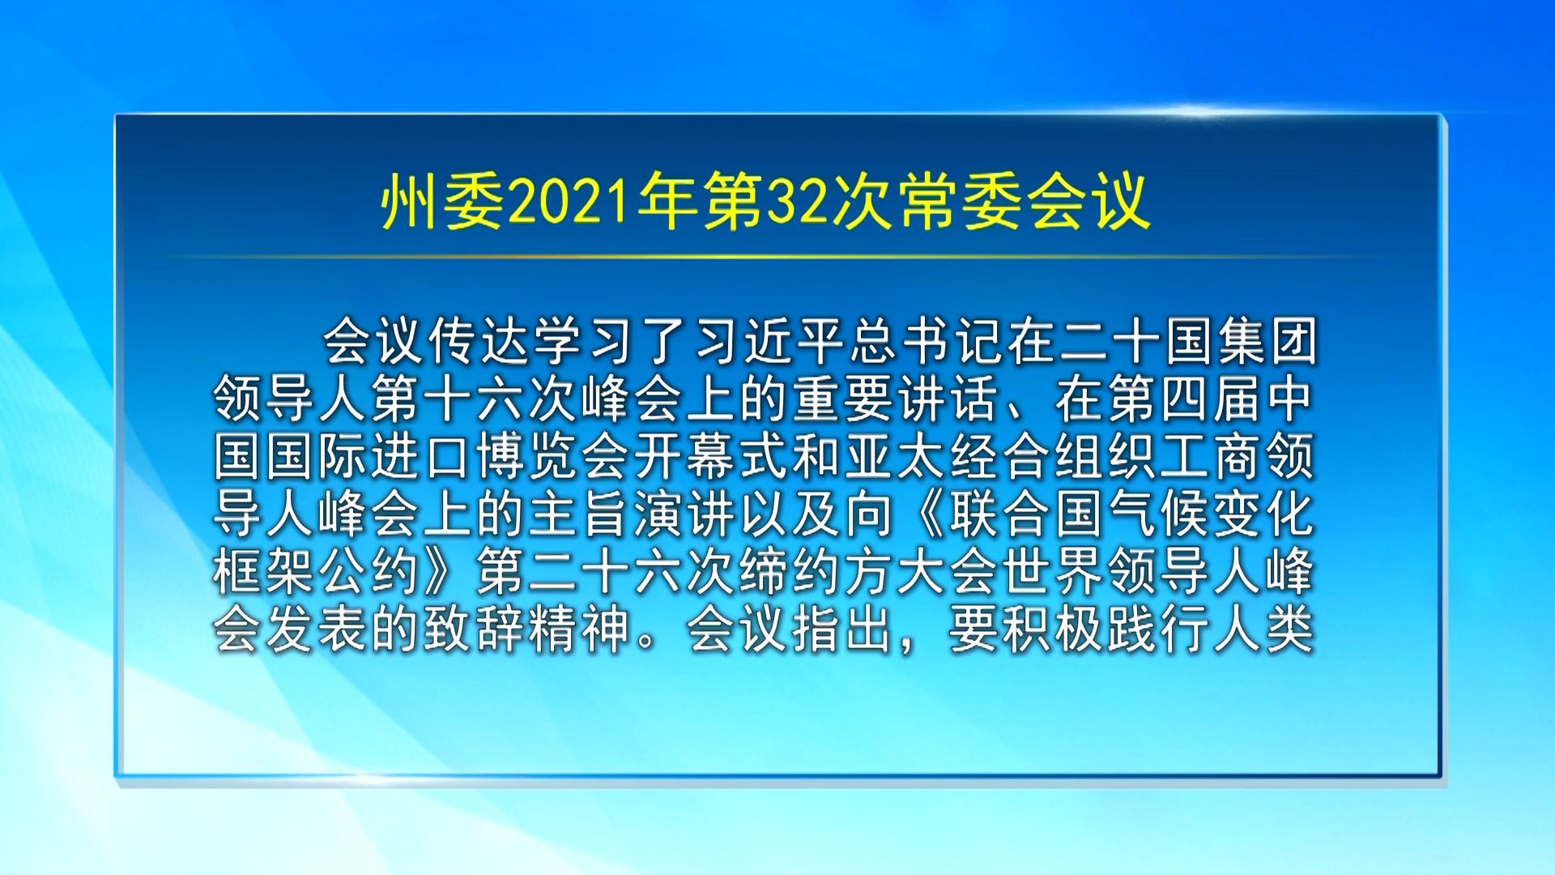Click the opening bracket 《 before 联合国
[922, 514]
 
